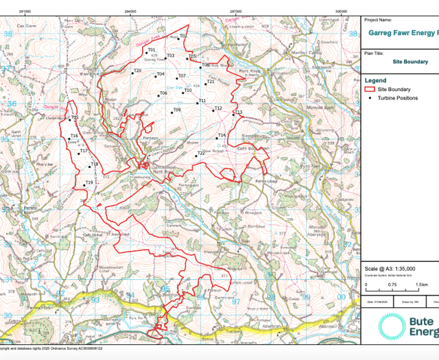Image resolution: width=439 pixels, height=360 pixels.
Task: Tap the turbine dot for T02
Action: click(x=178, y=40)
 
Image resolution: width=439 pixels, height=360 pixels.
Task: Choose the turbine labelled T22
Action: click(x=195, y=156)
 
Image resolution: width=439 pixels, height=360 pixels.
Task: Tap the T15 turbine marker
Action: click(x=71, y=122)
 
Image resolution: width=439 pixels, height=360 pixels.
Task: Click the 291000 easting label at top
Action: click(x=25, y=11)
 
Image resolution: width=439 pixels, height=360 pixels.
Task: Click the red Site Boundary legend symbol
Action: click(x=371, y=89)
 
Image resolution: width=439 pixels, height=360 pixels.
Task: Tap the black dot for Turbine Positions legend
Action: click(x=371, y=98)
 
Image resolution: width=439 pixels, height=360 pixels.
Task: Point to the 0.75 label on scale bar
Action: click(x=392, y=284)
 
